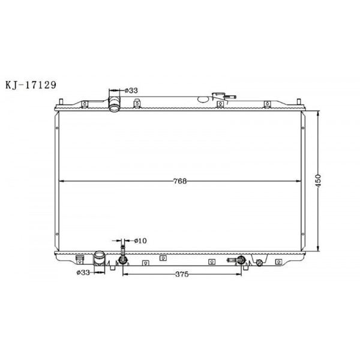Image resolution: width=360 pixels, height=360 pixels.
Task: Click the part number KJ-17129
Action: (31, 85)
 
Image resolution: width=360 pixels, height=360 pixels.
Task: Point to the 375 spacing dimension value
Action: (182, 274)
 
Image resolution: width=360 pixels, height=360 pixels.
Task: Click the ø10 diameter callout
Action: (140, 241)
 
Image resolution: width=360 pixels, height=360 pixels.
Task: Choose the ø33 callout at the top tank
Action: (131, 91)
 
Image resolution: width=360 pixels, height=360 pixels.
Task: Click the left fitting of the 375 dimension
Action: (123, 260)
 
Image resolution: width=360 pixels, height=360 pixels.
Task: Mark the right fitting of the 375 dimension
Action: (241, 260)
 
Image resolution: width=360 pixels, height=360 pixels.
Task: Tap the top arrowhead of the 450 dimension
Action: (319, 112)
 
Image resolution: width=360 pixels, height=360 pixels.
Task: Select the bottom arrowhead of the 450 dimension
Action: (319, 251)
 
